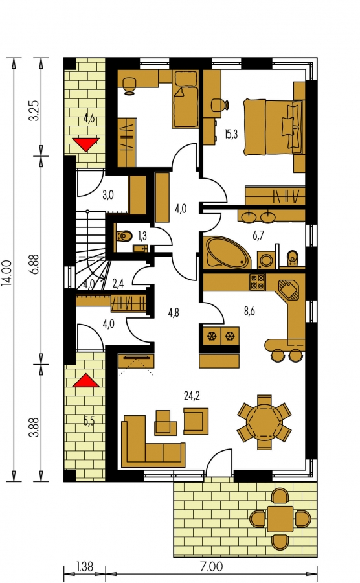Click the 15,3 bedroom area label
[231, 134]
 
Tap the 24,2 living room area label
[192, 396]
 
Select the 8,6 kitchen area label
[249, 311]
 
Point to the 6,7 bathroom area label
[258, 235]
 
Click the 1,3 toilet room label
[142, 236]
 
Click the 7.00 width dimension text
[211, 566]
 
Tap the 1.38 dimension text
[85, 566]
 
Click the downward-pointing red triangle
[86, 144]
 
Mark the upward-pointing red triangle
[86, 381]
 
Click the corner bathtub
[227, 252]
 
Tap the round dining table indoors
[265, 422]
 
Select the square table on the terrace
[280, 519]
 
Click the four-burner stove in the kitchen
[257, 282]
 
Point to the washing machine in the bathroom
[266, 260]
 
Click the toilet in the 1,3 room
[124, 236]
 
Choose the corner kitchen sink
[289, 290]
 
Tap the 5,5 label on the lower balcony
[89, 421]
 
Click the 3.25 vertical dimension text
[34, 110]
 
